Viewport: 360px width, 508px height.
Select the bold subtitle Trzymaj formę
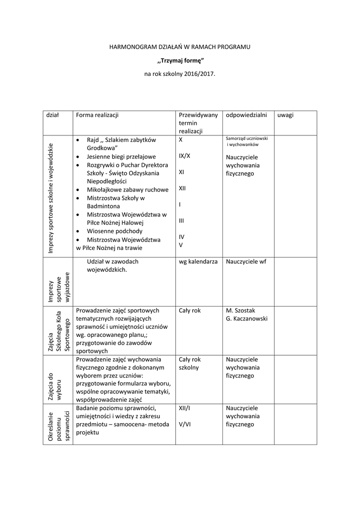(180, 61)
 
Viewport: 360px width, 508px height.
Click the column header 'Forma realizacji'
(97, 115)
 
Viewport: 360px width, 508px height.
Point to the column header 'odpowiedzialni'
(246, 115)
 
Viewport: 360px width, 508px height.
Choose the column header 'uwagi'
(286, 115)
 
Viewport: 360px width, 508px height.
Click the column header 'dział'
(52, 115)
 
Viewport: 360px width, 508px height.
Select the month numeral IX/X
(184, 155)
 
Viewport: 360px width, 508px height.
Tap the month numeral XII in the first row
(183, 188)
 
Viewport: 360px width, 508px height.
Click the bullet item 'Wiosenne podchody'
(114, 231)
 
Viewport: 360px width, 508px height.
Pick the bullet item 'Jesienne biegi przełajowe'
(121, 156)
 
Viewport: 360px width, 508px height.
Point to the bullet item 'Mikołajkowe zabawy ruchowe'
(128, 190)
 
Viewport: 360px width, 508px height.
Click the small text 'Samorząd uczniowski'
(247, 138)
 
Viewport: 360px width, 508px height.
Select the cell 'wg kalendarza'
(198, 261)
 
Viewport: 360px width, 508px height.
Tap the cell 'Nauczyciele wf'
(246, 261)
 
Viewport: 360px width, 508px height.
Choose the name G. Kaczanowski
(247, 318)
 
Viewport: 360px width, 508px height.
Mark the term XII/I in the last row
(184, 408)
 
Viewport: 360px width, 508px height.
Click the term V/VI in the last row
(185, 425)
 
